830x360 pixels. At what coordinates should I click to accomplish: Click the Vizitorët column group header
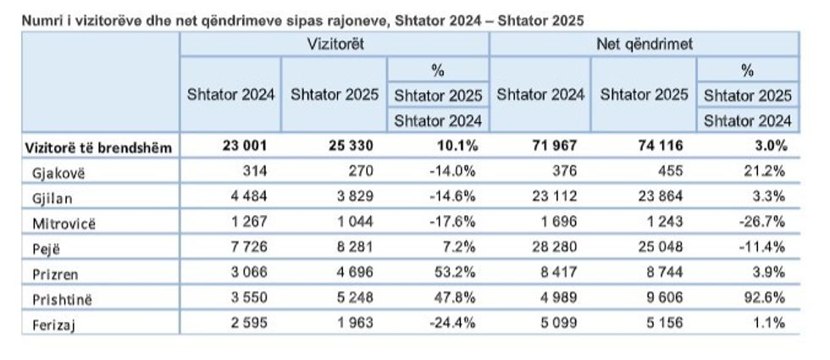tap(334, 44)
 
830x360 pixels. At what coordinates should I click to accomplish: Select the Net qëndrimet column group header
tap(644, 44)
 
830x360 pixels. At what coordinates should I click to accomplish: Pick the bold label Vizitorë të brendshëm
tap(99, 148)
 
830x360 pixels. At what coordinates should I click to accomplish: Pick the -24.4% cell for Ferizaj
tap(455, 322)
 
